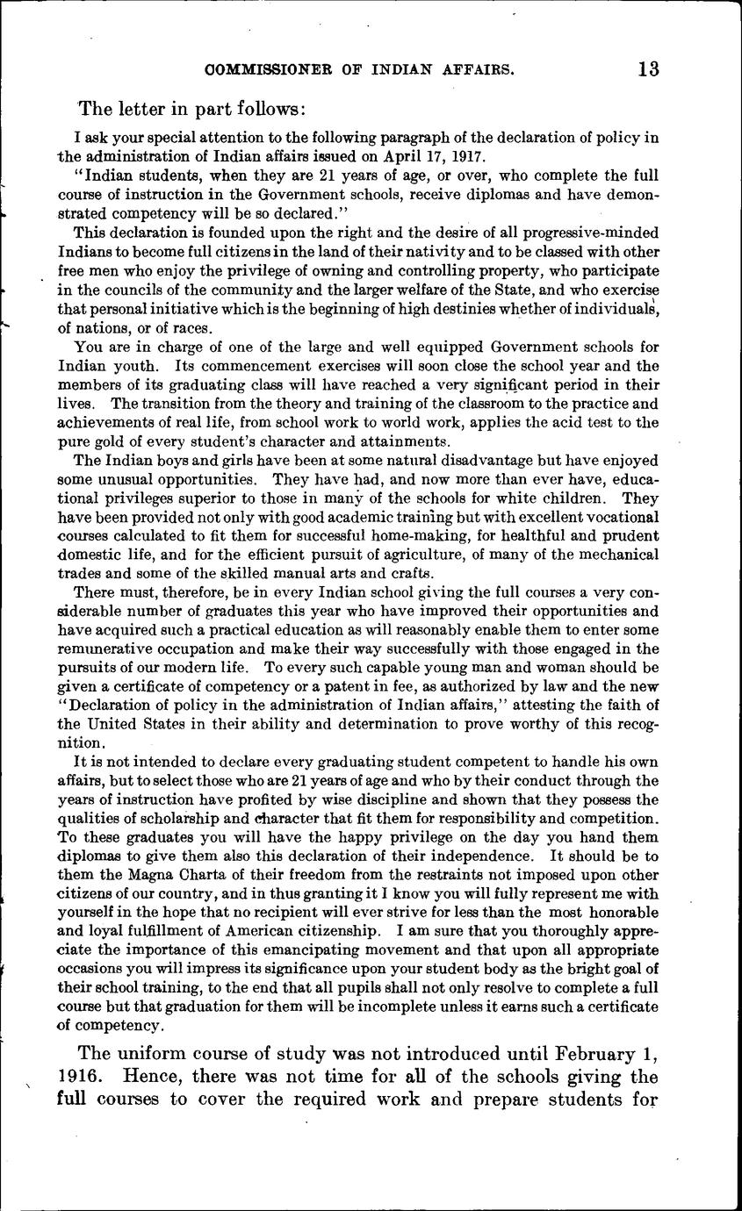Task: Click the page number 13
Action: click(649, 69)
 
